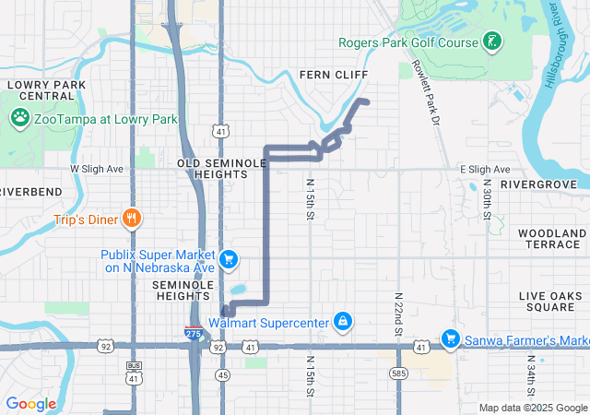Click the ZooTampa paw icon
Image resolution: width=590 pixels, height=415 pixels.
[x=18, y=118]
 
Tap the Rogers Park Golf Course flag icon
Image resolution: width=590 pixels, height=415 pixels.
[x=493, y=41]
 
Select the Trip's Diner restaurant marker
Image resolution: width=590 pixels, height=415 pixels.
[x=135, y=219]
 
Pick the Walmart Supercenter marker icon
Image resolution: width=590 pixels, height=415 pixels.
[x=342, y=322]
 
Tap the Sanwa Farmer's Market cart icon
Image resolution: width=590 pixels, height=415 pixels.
[x=451, y=340]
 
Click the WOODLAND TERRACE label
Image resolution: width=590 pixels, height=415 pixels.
[x=552, y=238]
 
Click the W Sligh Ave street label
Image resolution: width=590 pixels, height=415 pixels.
[x=97, y=170]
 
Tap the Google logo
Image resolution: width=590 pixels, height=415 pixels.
[x=31, y=403]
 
